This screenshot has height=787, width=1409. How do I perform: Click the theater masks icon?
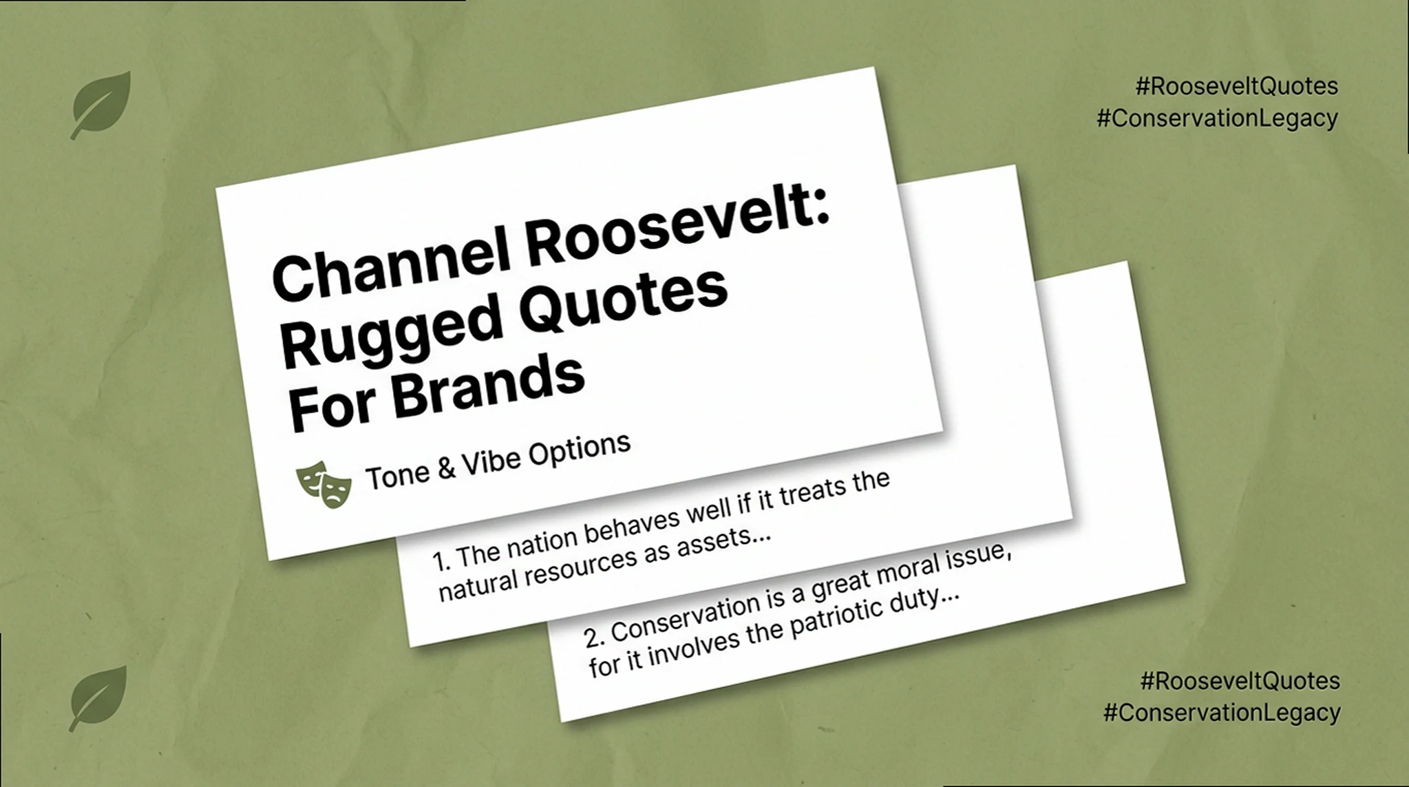click(x=324, y=483)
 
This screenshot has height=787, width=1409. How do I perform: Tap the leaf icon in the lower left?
click(x=98, y=697)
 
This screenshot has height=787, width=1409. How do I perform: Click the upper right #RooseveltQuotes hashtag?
click(x=1236, y=87)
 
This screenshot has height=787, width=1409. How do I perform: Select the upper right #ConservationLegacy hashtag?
click(x=1217, y=118)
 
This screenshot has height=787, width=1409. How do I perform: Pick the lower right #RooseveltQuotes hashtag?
click(x=1240, y=681)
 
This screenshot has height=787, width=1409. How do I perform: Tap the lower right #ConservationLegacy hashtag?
click(x=1222, y=712)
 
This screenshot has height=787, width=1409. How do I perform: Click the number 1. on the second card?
click(x=441, y=561)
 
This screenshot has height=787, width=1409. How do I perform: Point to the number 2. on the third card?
click(x=594, y=637)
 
